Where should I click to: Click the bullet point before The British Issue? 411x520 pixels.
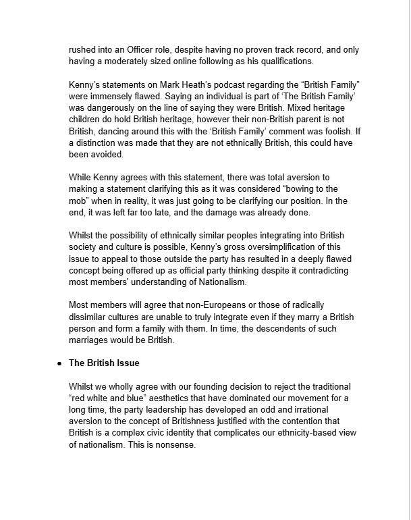59,363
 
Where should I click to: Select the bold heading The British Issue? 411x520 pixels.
104,363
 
